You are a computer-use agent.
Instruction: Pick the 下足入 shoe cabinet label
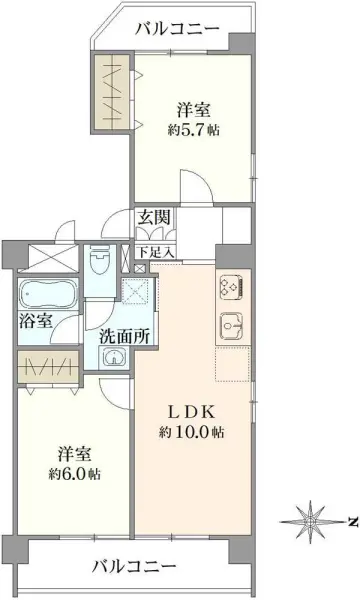pyautogui.click(x=155, y=252)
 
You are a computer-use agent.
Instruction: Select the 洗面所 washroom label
pyautogui.click(x=125, y=335)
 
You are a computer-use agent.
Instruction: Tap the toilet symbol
pyautogui.click(x=100, y=265)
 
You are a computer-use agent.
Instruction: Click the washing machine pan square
pyautogui.click(x=133, y=291)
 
